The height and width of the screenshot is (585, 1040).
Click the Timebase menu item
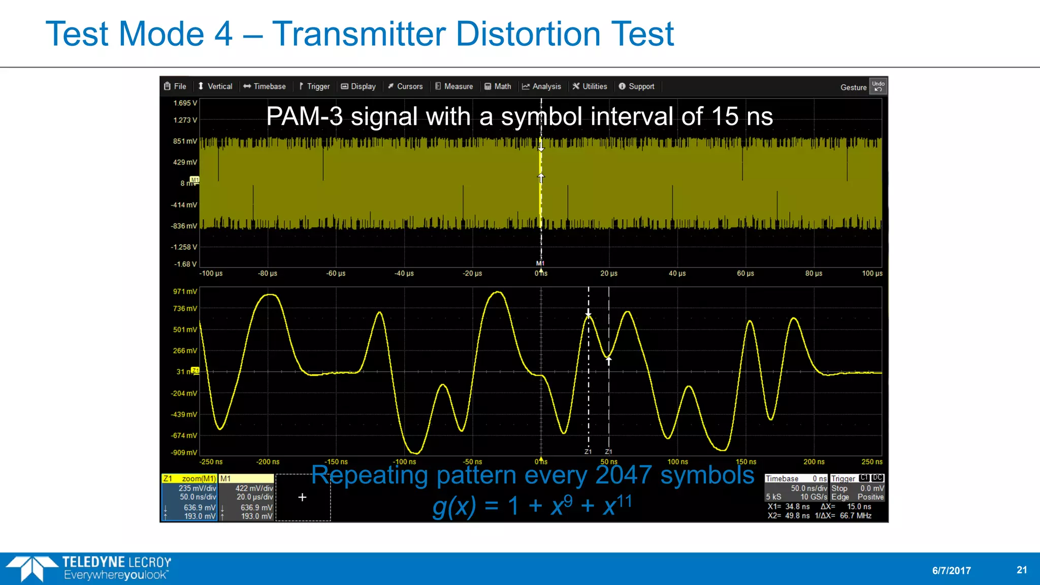point(265,86)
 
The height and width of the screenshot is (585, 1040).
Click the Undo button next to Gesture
point(878,86)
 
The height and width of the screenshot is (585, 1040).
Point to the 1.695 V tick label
point(185,103)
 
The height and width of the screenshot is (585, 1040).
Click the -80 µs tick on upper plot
point(268,273)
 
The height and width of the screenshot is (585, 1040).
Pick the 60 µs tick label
point(745,273)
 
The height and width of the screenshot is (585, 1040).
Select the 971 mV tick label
point(185,291)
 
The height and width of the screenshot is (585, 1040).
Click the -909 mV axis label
point(184,452)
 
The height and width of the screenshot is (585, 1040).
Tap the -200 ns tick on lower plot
point(268,462)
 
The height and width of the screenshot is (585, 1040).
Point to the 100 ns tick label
point(677,462)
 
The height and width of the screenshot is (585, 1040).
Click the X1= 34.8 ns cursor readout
point(789,506)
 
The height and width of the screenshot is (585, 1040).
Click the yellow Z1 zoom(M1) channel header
point(189,478)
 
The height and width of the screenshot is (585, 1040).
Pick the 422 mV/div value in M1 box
point(254,488)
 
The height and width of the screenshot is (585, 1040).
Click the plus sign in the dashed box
point(302,497)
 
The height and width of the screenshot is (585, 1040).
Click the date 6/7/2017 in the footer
point(951,570)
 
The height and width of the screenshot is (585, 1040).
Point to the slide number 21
point(1022,570)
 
